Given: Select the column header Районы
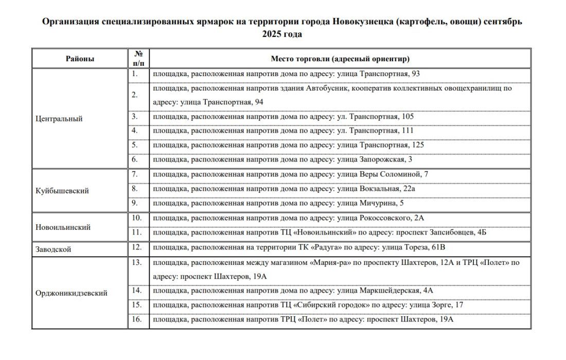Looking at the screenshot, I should (x=80, y=59).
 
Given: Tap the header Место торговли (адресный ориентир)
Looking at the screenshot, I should (x=340, y=59).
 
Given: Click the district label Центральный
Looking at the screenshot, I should (x=59, y=119).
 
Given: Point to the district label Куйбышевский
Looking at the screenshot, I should (x=62, y=191).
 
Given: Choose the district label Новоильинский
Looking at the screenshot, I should (x=63, y=227).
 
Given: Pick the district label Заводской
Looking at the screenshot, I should (x=54, y=250).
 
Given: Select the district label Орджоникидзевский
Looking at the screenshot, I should (x=72, y=293).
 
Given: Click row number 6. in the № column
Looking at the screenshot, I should (x=135, y=160).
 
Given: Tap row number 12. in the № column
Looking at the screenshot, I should (x=136, y=247).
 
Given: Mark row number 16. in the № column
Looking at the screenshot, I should (x=136, y=319).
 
